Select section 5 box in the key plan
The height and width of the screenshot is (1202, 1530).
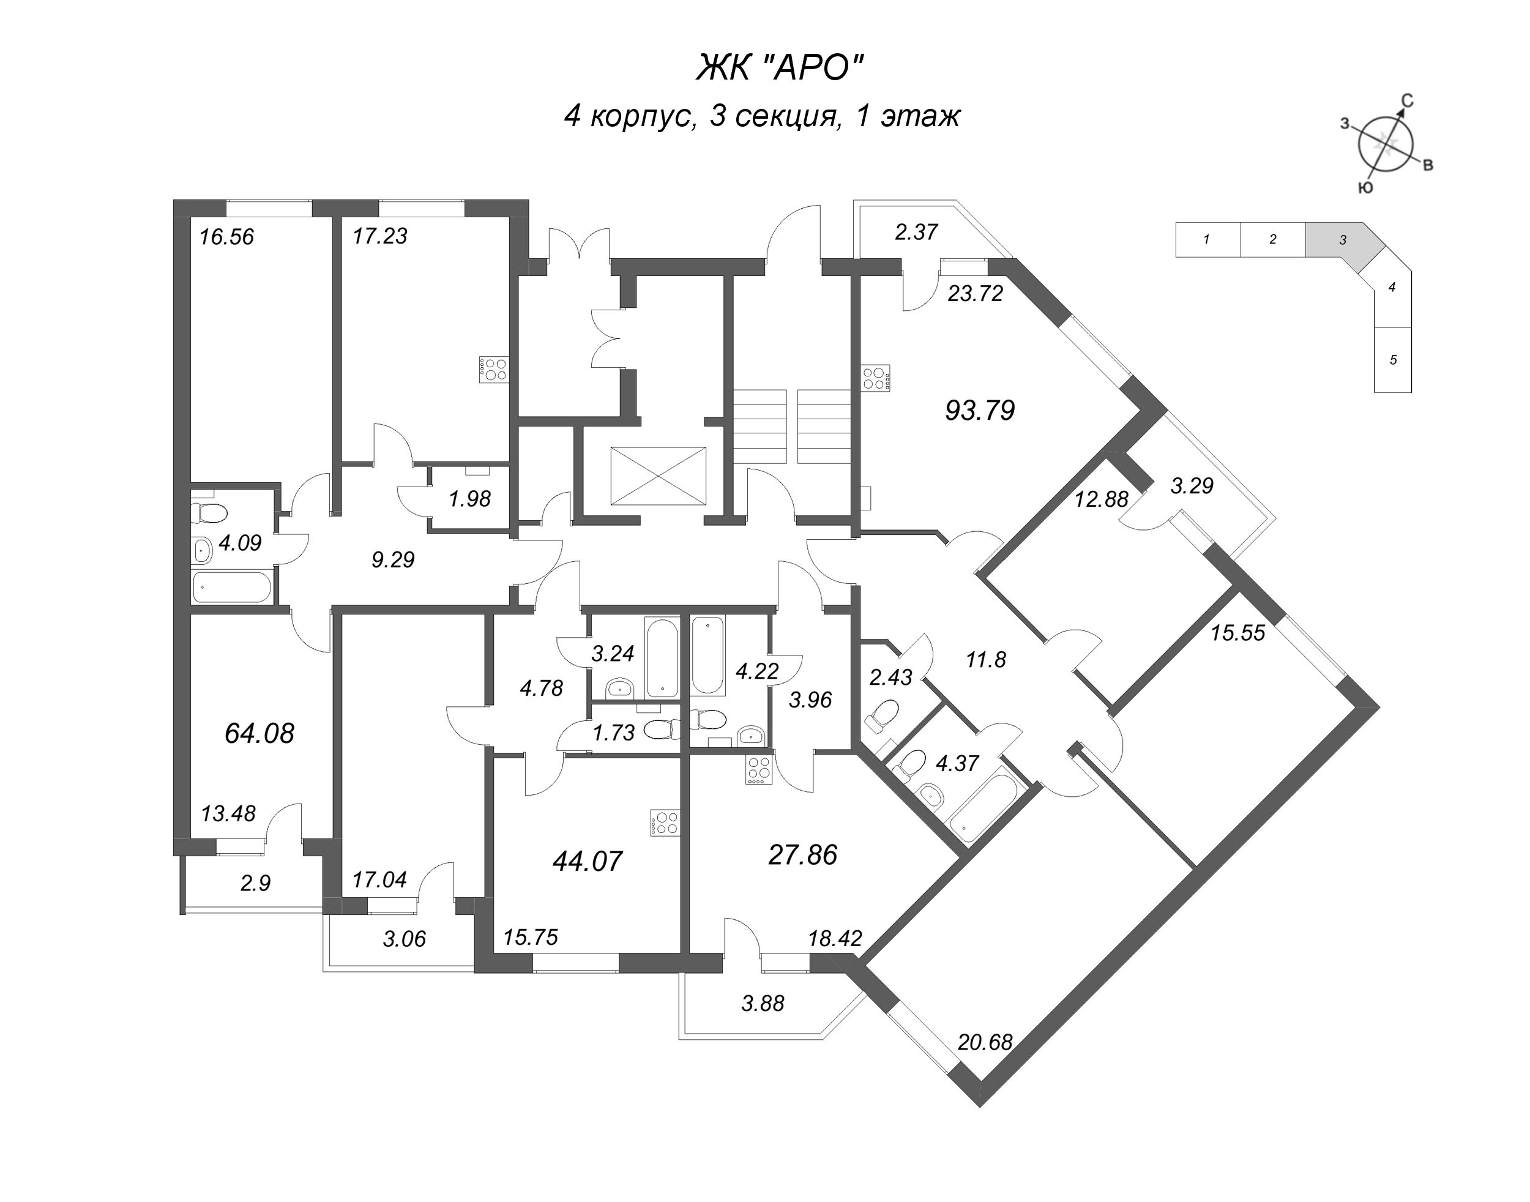pyautogui.click(x=1393, y=360)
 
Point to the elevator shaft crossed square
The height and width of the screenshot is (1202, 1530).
pyautogui.click(x=657, y=476)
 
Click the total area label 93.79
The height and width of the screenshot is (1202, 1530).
pyautogui.click(x=979, y=410)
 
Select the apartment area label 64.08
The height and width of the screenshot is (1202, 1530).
pyautogui.click(x=259, y=733)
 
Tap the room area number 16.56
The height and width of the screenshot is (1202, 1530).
pyautogui.click(x=226, y=236)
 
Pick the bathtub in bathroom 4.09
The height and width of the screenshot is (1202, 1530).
pyautogui.click(x=231, y=586)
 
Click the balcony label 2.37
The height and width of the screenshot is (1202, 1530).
pyautogui.click(x=916, y=231)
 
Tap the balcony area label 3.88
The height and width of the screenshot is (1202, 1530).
pyautogui.click(x=762, y=1003)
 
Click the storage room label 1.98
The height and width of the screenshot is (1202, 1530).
pyautogui.click(x=469, y=499)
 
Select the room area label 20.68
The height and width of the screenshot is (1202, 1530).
pyautogui.click(x=985, y=1042)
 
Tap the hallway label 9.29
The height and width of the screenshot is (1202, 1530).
pyautogui.click(x=393, y=560)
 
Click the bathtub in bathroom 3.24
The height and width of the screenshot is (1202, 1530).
pyautogui.click(x=662, y=657)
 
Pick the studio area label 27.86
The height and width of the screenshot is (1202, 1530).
pyautogui.click(x=802, y=855)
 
